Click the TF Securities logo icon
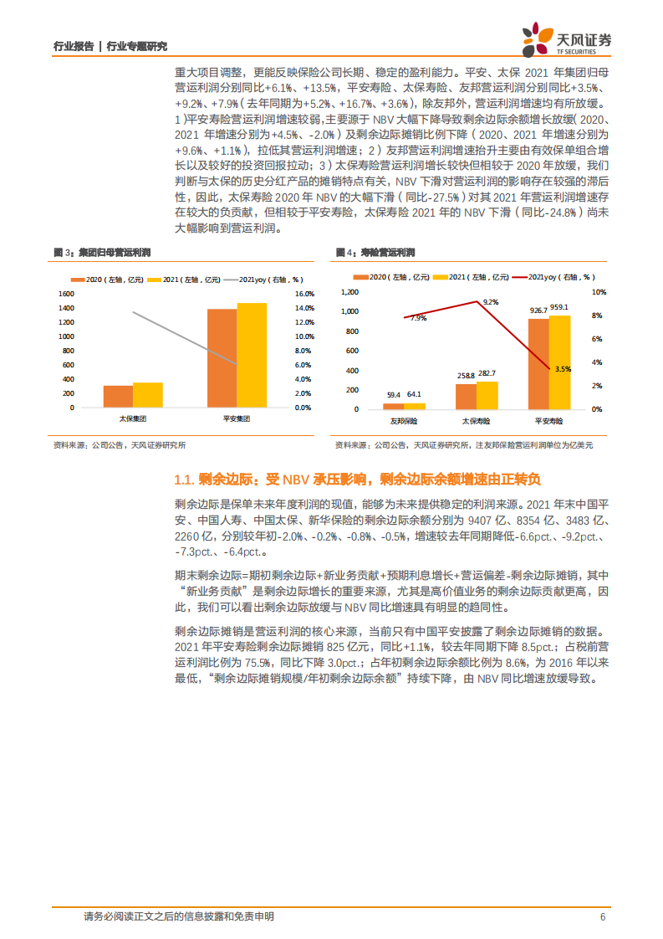(532, 38)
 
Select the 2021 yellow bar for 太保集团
(148, 395)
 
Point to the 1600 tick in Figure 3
(67, 294)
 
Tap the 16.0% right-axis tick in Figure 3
(304, 294)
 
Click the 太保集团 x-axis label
(132, 418)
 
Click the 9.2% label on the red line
(491, 302)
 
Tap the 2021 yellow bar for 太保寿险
(487, 395)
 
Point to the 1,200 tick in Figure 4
(349, 292)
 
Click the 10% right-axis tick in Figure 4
(597, 292)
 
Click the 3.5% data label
(562, 368)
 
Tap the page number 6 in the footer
(602, 917)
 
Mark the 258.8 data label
(465, 376)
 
